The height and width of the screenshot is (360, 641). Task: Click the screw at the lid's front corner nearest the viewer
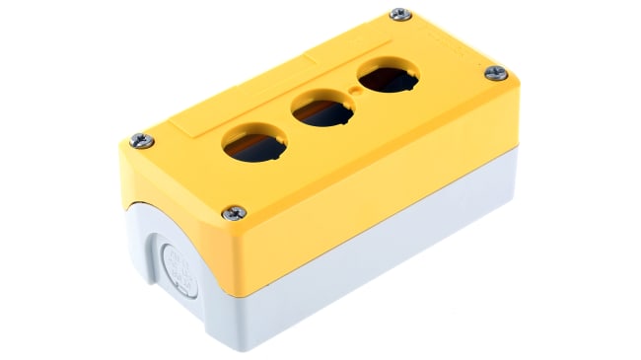235,213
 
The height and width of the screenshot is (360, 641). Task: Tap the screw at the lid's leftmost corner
141,140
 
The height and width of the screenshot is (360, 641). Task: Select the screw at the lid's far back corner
398,14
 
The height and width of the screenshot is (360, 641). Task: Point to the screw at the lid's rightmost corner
496,72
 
